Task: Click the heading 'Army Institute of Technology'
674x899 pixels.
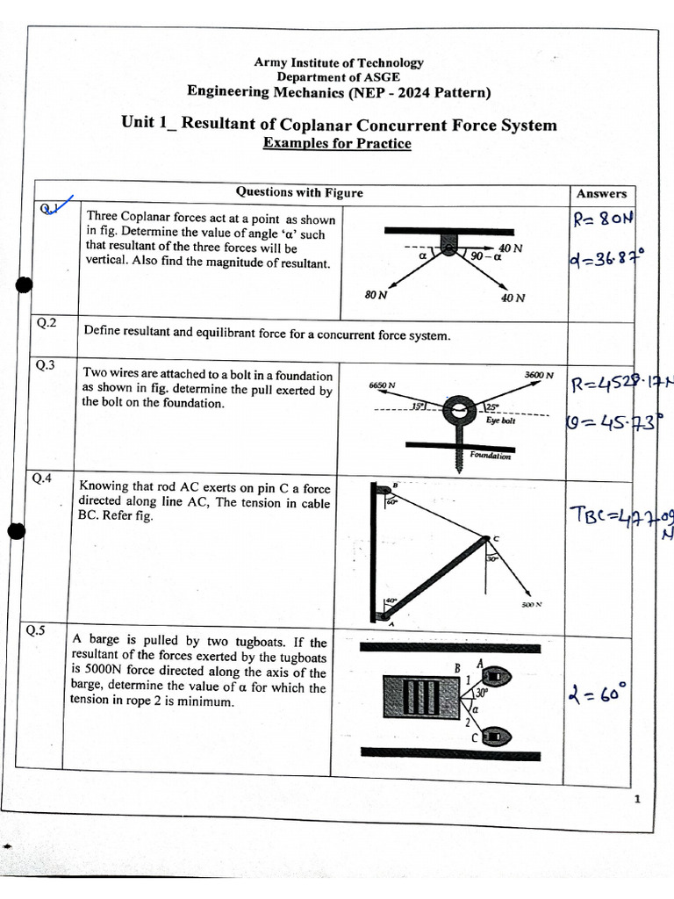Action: pyautogui.click(x=338, y=62)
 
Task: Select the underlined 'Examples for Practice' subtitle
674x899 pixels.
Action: pyautogui.click(x=337, y=143)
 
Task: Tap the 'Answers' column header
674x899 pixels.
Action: pyautogui.click(x=601, y=193)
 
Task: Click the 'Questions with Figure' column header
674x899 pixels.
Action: pyautogui.click(x=298, y=192)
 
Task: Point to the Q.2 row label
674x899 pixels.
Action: pyautogui.click(x=46, y=323)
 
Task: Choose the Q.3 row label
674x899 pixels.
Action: pyautogui.click(x=46, y=365)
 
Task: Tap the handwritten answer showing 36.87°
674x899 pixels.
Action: pyautogui.click(x=606, y=260)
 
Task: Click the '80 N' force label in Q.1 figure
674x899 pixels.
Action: pyautogui.click(x=376, y=295)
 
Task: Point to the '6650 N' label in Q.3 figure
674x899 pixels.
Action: pyautogui.click(x=382, y=385)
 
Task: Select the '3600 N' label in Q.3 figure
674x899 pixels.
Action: pyautogui.click(x=539, y=375)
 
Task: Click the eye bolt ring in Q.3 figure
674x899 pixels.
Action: pyautogui.click(x=458, y=411)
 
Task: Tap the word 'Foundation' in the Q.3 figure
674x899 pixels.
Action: pyautogui.click(x=490, y=455)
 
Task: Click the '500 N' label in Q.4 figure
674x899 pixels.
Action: pyautogui.click(x=532, y=604)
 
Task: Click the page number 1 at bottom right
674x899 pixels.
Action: pyautogui.click(x=636, y=798)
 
